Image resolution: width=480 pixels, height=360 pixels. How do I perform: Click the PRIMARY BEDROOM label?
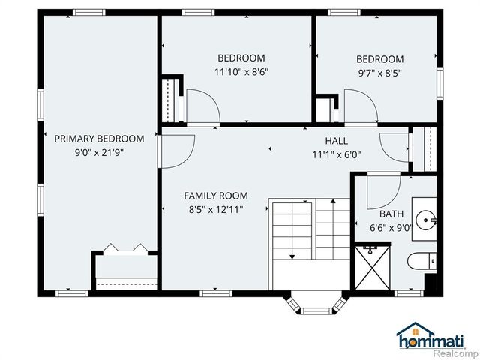click(x=99, y=138)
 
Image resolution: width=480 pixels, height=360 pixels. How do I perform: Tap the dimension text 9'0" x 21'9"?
click(x=99, y=151)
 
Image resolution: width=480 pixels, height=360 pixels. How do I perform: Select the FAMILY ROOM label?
click(x=214, y=196)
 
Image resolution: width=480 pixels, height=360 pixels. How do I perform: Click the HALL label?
click(x=336, y=141)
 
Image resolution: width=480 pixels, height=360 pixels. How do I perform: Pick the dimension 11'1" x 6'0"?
click(x=336, y=154)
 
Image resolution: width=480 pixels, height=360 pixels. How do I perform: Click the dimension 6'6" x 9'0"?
click(x=390, y=229)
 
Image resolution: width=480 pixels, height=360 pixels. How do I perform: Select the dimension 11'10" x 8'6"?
click(x=241, y=72)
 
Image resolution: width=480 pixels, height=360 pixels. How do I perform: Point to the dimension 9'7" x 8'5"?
click(x=379, y=73)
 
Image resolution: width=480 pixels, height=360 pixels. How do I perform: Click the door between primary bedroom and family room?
click(x=176, y=150)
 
